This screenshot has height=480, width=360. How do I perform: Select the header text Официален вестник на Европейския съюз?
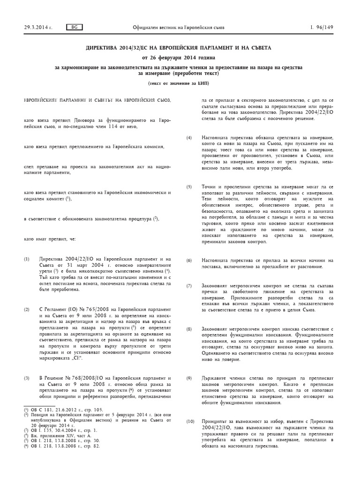click(x=179, y=27)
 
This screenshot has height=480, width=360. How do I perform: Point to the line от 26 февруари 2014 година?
click(x=180, y=58)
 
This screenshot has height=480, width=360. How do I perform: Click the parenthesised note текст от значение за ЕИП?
click(x=180, y=83)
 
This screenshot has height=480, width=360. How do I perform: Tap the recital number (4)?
click(x=189, y=137)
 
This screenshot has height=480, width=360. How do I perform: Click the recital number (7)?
click(x=189, y=285)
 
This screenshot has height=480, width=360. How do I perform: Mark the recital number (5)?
click(x=189, y=187)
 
